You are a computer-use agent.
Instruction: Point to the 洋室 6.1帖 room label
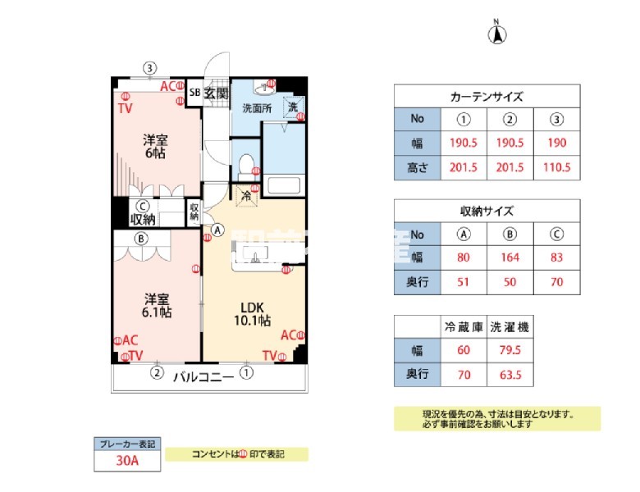point(154,305)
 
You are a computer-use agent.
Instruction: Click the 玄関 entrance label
point(216,93)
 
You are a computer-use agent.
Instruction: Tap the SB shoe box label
point(194,93)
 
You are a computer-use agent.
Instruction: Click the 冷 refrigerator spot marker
point(246,195)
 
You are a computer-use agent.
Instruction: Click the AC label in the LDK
point(288,335)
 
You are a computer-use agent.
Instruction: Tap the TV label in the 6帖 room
point(125,108)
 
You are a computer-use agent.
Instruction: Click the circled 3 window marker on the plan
point(149,67)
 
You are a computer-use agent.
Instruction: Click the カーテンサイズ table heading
point(487,96)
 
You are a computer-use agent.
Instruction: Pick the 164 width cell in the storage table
point(510,257)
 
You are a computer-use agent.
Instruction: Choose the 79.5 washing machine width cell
point(510,350)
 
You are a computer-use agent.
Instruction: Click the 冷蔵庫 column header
point(464,326)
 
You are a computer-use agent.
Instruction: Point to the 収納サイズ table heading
point(487,210)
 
